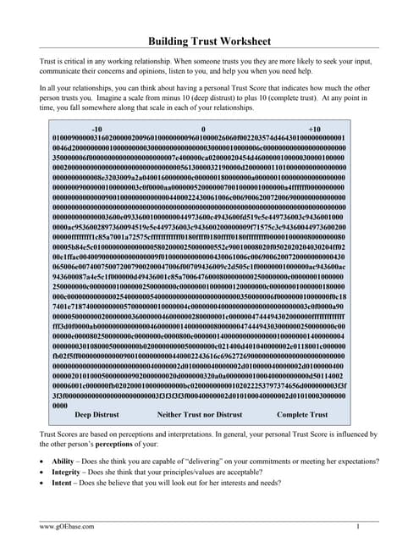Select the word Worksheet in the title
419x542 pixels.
[241, 41]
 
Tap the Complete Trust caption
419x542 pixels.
[303, 415]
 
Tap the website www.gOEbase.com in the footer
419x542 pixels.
[68, 527]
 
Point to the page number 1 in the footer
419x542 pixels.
[359, 527]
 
